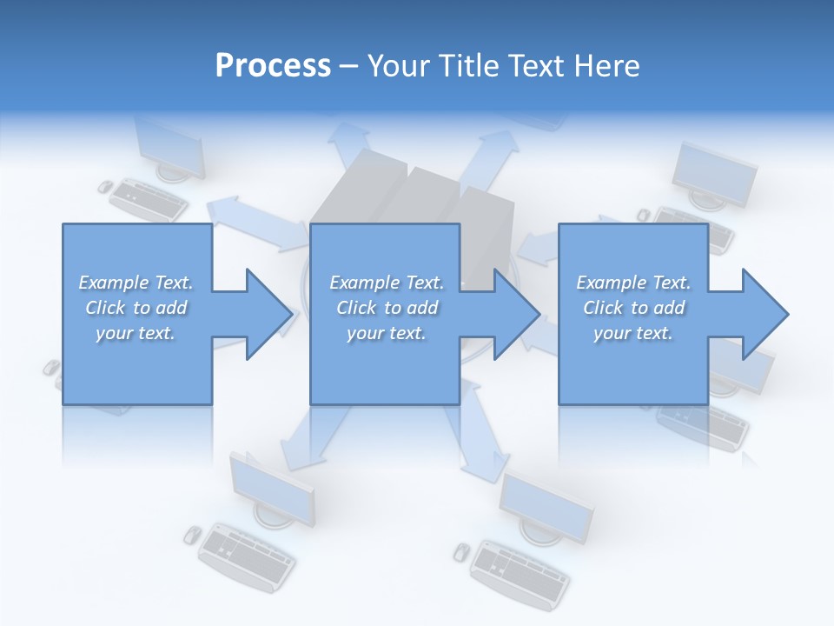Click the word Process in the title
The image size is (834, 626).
tap(273, 66)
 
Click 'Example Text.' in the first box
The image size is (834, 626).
tap(136, 283)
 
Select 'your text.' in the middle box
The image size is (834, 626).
tap(386, 333)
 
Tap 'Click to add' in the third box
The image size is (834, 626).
tap(633, 308)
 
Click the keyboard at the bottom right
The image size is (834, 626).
tap(520, 572)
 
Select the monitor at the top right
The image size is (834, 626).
tap(715, 174)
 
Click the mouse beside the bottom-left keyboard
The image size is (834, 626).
tap(192, 534)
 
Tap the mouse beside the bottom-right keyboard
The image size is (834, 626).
tap(462, 550)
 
